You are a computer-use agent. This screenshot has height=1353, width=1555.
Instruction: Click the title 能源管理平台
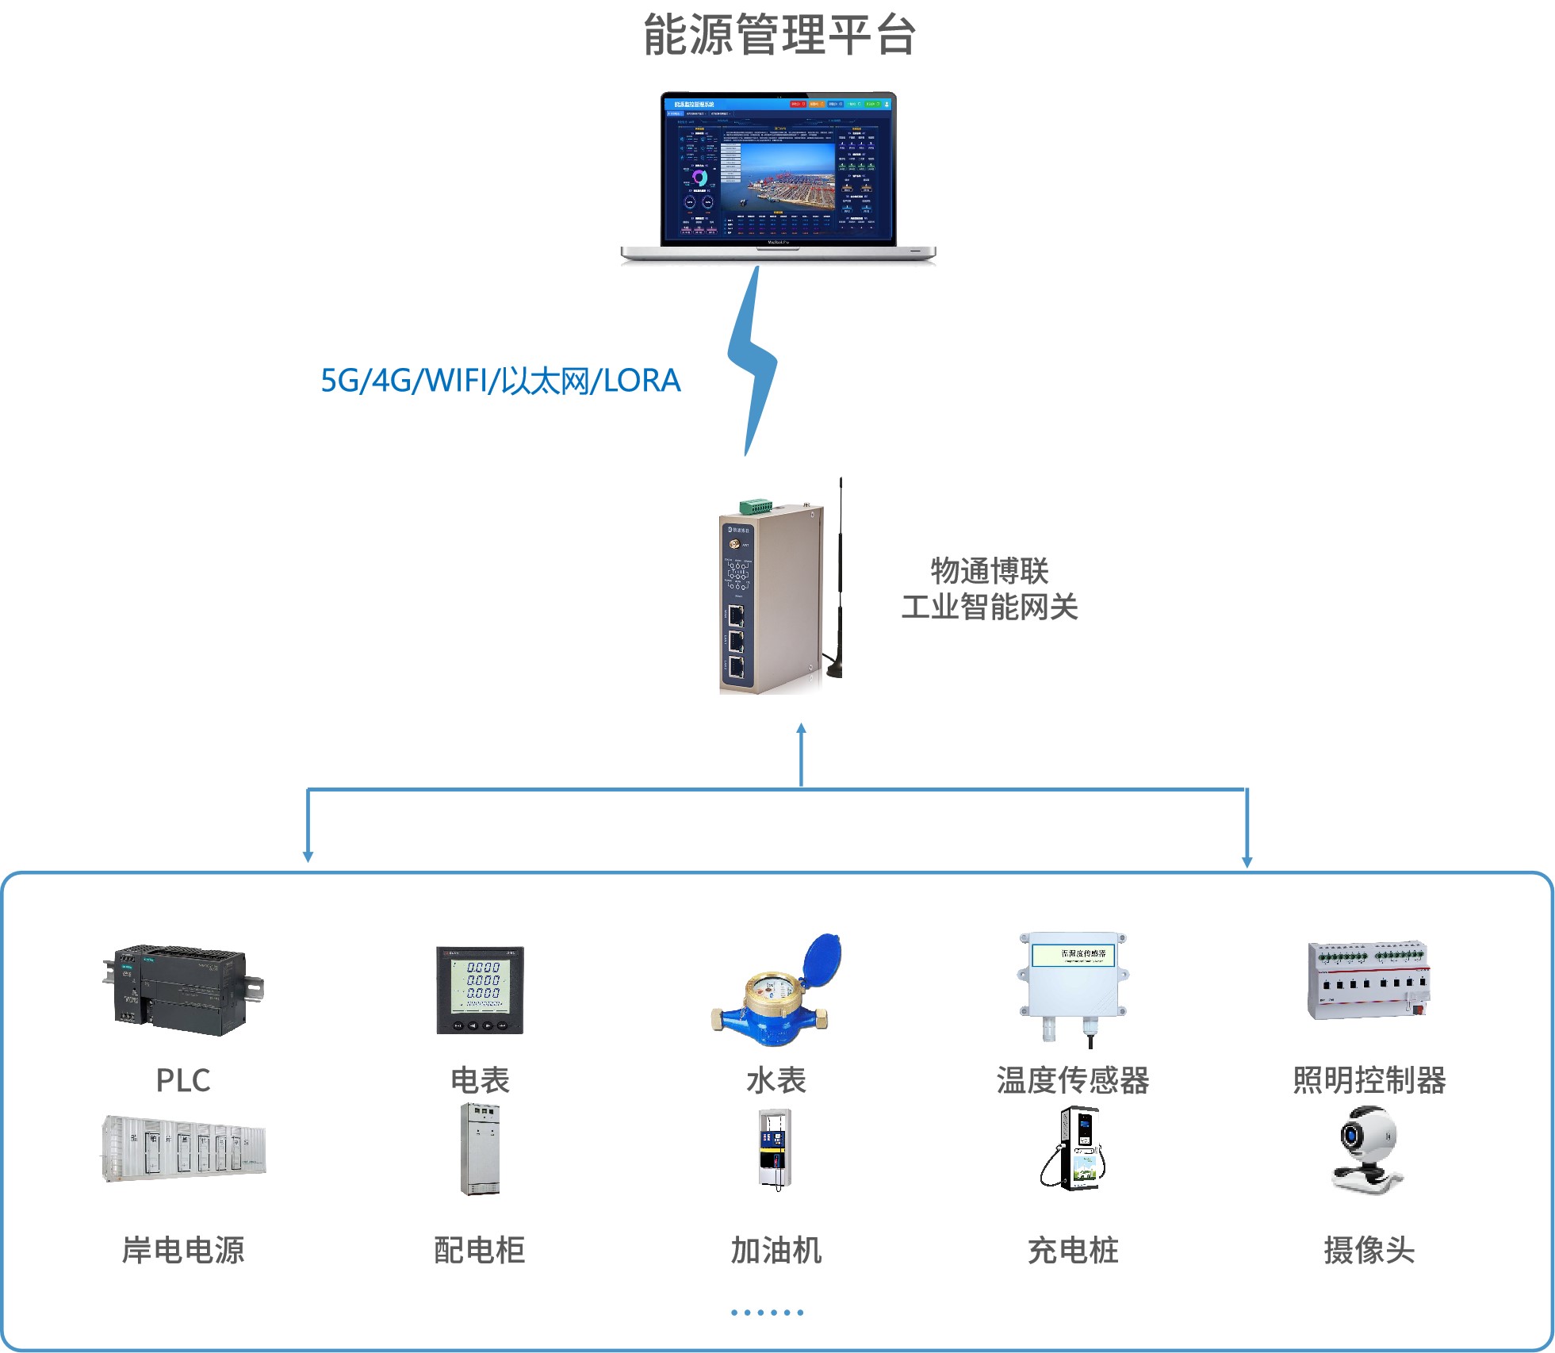point(779,35)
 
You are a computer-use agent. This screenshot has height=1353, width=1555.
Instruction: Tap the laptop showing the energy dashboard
point(778,176)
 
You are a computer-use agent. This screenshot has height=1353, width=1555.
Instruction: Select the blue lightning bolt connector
point(752,362)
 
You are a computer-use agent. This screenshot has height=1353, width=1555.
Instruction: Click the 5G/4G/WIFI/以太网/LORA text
point(500,381)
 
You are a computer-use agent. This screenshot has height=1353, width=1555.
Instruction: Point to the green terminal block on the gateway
point(756,506)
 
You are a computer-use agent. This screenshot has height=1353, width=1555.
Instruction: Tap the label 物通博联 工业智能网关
point(989,588)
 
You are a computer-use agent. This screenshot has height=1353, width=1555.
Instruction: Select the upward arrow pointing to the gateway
point(801,753)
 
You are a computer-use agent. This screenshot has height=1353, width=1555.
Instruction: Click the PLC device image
point(183,989)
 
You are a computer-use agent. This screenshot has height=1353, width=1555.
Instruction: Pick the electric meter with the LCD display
point(480,990)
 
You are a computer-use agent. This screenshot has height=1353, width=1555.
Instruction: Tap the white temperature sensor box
point(1074,983)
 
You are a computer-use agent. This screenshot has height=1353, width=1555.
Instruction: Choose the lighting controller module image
point(1369,980)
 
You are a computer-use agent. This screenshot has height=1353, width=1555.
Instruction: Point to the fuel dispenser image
point(776,1149)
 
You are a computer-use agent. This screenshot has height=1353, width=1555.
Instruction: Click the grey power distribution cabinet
point(480,1149)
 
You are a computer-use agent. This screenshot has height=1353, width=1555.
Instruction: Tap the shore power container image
point(183,1149)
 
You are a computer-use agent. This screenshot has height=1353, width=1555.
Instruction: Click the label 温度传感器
point(1073,1080)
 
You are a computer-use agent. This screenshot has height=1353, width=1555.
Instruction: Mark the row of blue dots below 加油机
point(767,1313)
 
